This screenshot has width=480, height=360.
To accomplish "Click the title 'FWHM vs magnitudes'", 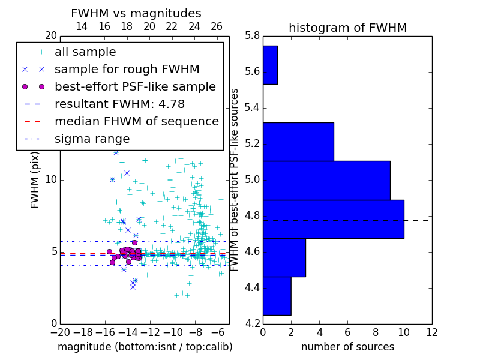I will [136, 13].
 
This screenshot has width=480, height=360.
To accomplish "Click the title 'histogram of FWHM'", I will [347, 28].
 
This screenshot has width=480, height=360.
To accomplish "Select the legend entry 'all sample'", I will [85, 52].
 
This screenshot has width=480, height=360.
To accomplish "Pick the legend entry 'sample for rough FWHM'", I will [127, 69].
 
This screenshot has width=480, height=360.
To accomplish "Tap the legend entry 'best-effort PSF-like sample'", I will [135, 86].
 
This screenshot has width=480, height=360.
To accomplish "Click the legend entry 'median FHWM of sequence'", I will [136, 121].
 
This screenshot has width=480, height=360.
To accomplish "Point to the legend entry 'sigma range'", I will [92, 139].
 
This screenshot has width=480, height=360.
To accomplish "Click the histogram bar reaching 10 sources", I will [333, 219].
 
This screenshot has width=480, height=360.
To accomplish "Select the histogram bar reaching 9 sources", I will [326, 180].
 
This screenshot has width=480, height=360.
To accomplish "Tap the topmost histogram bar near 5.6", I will [270, 65].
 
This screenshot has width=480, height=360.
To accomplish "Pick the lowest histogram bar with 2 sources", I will [277, 296].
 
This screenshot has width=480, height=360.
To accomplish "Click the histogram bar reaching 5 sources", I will [298, 142].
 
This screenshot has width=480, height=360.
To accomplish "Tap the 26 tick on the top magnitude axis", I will [217, 26].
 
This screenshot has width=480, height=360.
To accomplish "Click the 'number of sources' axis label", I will [347, 347].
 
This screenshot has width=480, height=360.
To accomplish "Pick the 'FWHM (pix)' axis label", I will [35, 180].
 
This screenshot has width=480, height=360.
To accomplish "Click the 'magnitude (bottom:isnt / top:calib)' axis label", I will [145, 347].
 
